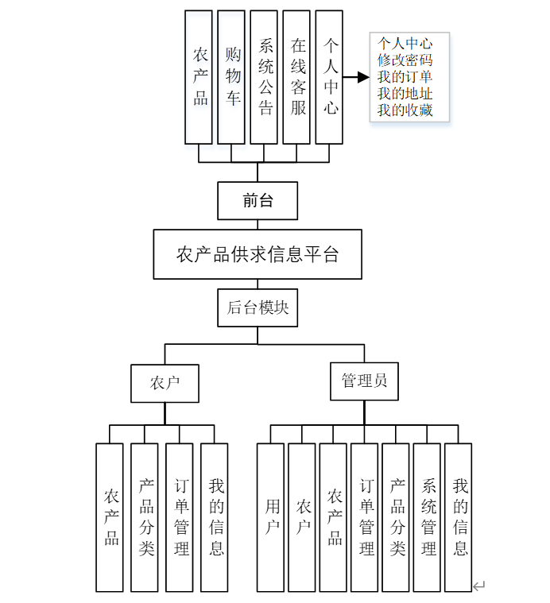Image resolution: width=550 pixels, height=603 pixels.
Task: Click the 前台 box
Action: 258,200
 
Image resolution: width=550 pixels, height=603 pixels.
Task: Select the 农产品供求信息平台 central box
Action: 258,254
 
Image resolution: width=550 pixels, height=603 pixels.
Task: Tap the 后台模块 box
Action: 258,307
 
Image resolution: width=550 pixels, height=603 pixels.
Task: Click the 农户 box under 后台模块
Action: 165,383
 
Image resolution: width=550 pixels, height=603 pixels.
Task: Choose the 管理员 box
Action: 365,381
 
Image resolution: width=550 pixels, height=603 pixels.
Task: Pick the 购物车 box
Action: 231,76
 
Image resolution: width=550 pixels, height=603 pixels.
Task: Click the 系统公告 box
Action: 264,76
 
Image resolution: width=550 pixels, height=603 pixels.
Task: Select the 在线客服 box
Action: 296,76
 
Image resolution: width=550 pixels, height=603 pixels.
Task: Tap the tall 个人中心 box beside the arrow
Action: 329,76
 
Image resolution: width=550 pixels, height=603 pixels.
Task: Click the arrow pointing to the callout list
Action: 357,77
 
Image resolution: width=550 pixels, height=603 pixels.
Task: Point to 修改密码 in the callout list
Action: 405,60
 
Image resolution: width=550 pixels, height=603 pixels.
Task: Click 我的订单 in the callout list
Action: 405,76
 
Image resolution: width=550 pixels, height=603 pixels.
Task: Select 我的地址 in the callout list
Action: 405,93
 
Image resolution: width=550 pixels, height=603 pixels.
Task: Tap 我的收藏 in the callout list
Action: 405,110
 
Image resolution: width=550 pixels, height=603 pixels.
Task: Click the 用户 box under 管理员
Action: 270,517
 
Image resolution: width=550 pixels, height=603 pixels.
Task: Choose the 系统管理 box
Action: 427,517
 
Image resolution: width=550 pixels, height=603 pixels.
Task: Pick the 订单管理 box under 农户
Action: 180,517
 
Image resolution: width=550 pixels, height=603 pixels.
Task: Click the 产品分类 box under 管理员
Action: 396,517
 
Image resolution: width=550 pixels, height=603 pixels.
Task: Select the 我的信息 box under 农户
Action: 215,517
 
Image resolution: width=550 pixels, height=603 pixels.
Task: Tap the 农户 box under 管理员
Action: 302,517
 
